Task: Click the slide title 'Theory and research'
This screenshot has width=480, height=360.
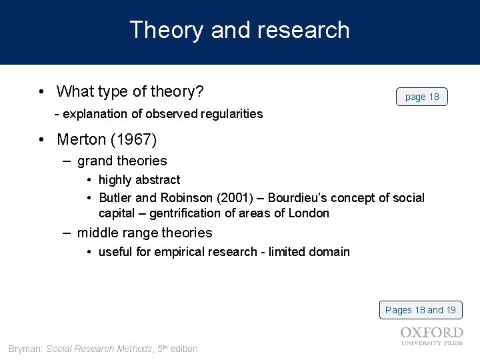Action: tap(239, 30)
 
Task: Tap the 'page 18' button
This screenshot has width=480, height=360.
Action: tap(422, 97)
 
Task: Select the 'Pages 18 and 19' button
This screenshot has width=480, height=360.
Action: tap(421, 310)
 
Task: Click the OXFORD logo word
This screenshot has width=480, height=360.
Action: tap(432, 332)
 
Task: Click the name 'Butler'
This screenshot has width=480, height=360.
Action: tap(115, 198)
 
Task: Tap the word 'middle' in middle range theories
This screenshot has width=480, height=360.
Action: tap(97, 233)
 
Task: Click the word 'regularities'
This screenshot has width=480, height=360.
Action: tap(231, 114)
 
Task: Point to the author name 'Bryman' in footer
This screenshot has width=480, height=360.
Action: tap(25, 349)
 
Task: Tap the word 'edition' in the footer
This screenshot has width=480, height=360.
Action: tap(184, 349)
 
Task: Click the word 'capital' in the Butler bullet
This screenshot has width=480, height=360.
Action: tap(117, 213)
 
